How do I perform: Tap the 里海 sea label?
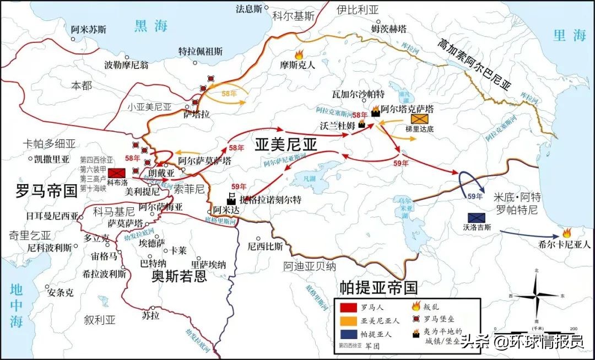click(570, 36)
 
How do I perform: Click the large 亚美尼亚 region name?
click(286, 144)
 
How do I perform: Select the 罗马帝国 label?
click(46, 191)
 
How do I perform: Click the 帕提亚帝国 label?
click(378, 287)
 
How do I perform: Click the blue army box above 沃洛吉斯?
click(475, 217)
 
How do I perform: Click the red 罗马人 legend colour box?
click(348, 307)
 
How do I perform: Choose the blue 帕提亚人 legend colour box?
click(348, 332)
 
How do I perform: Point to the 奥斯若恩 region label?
click(179, 276)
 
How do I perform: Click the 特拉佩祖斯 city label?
click(201, 51)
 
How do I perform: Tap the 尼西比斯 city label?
click(265, 246)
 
